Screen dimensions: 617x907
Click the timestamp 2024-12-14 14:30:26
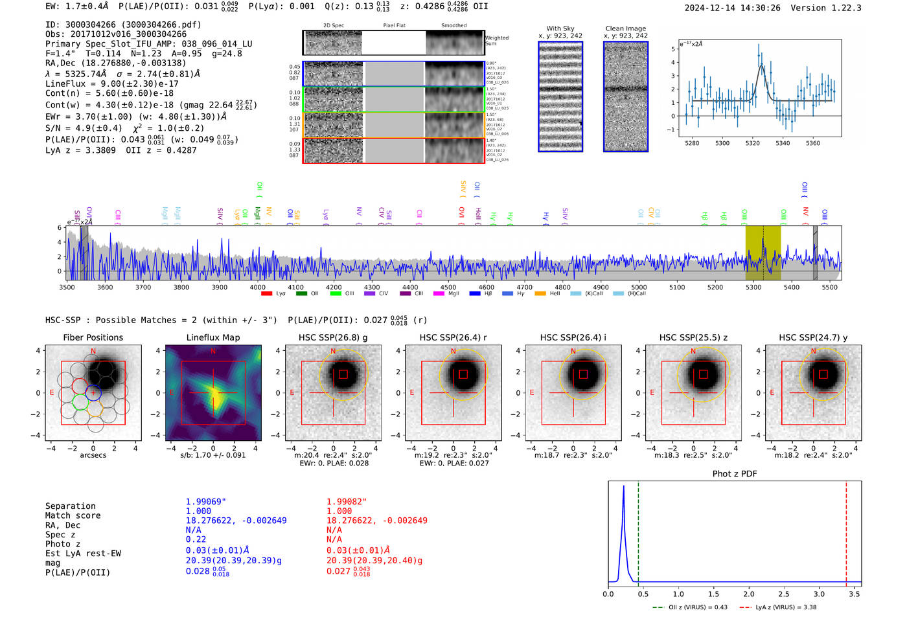[732, 8]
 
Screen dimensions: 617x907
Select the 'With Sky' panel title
[560, 28]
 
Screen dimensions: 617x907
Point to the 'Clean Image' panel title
[625, 28]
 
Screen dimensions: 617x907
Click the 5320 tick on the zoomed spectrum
[752, 143]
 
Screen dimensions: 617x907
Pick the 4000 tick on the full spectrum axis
[257, 287]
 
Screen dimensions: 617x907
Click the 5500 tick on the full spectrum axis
[829, 287]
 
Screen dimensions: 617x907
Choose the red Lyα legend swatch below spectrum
[266, 294]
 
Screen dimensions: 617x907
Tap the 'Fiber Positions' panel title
[93, 337]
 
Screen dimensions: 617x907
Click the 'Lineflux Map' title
[212, 337]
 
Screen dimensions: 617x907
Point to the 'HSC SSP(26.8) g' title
[333, 337]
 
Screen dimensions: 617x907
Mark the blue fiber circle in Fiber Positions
[93, 392]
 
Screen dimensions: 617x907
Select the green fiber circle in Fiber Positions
[80, 401]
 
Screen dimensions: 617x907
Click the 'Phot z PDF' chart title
[734, 474]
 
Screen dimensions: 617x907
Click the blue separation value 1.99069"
[206, 502]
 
